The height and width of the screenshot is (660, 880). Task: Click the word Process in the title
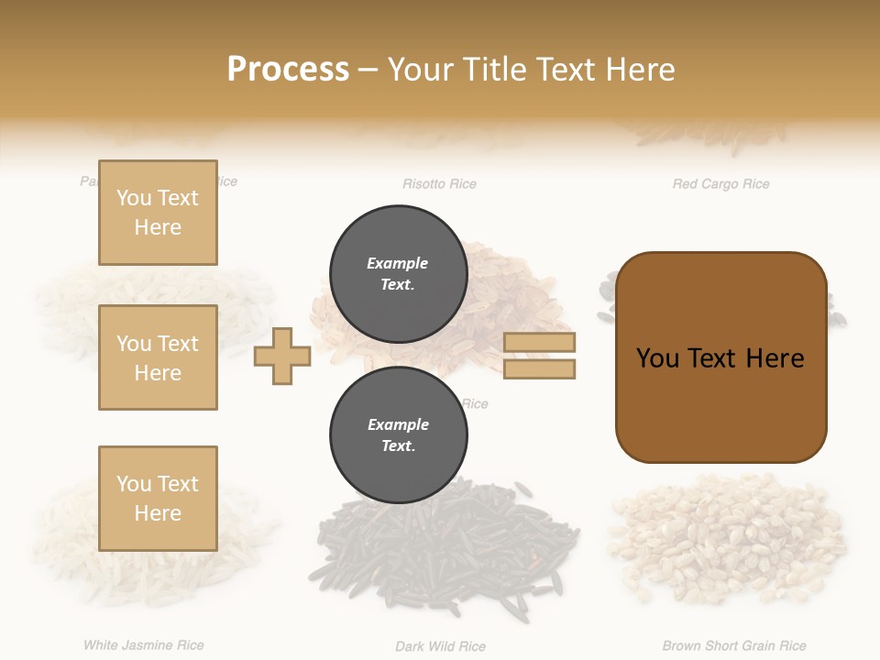[x=288, y=69]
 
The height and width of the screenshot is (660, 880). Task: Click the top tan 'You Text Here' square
[x=158, y=213]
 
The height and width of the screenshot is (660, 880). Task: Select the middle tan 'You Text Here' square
[x=158, y=357]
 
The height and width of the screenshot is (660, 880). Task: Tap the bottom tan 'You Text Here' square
[x=158, y=499]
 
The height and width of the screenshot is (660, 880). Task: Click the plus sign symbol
[x=282, y=357]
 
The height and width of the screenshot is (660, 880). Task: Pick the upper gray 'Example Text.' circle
[x=397, y=273]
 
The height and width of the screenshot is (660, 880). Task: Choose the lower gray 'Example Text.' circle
[x=397, y=434]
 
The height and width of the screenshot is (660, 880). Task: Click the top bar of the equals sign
[x=539, y=343]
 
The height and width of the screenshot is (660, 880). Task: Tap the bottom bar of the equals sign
[x=539, y=369]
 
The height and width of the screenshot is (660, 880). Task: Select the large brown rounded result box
[x=720, y=357]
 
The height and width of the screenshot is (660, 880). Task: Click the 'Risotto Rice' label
[x=439, y=184]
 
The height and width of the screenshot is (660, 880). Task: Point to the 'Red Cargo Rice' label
[x=720, y=184]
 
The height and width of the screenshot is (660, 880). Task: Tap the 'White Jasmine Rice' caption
[x=144, y=645]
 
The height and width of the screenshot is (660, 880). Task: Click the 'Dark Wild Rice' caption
[x=440, y=646]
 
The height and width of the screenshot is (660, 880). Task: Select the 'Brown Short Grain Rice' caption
[x=734, y=646]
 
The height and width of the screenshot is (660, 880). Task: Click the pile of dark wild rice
[x=449, y=550]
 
